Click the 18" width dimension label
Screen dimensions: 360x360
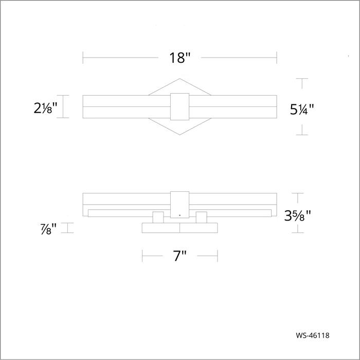(x=179, y=58)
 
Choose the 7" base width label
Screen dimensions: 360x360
(x=179, y=256)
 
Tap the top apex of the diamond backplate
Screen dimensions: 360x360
(x=179, y=79)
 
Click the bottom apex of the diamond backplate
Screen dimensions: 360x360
(x=179, y=135)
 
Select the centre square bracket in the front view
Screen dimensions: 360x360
(x=179, y=106)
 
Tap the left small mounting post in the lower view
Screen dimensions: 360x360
(x=158, y=218)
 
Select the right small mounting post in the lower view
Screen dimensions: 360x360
(x=201, y=218)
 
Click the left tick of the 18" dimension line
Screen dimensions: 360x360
(x=83, y=58)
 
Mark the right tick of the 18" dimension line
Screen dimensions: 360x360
(x=277, y=58)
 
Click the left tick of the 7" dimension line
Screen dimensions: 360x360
(x=142, y=256)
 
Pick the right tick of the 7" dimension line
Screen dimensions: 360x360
(x=217, y=256)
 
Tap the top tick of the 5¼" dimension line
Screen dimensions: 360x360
(x=301, y=79)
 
